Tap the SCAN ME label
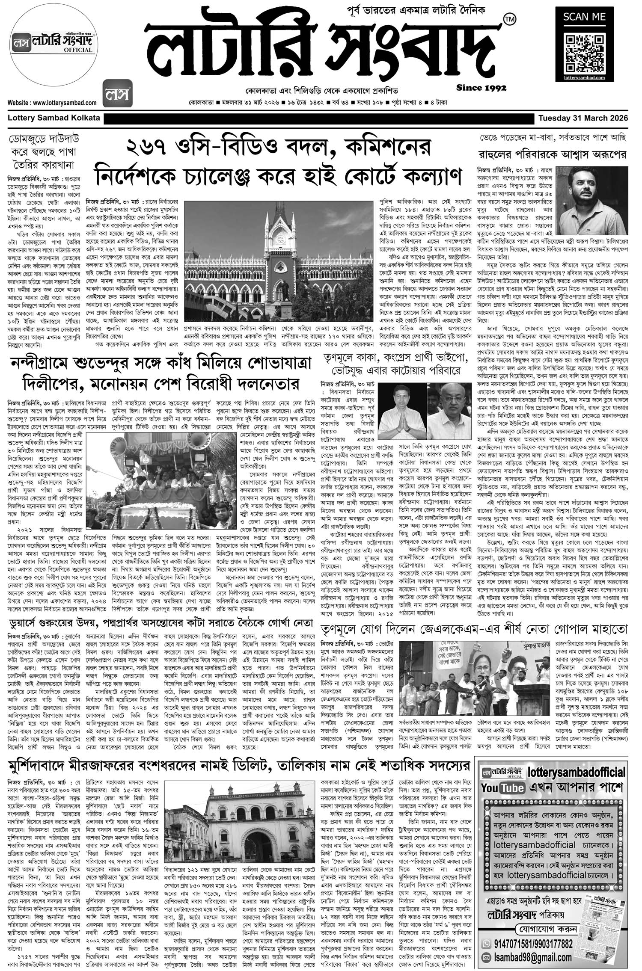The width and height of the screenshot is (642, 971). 585,17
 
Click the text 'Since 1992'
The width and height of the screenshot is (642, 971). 481,88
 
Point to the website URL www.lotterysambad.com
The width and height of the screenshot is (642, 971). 52,103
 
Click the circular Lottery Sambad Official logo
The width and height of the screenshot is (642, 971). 53,47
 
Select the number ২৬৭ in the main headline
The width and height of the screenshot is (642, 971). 150,149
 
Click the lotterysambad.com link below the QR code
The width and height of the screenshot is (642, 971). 585,77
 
